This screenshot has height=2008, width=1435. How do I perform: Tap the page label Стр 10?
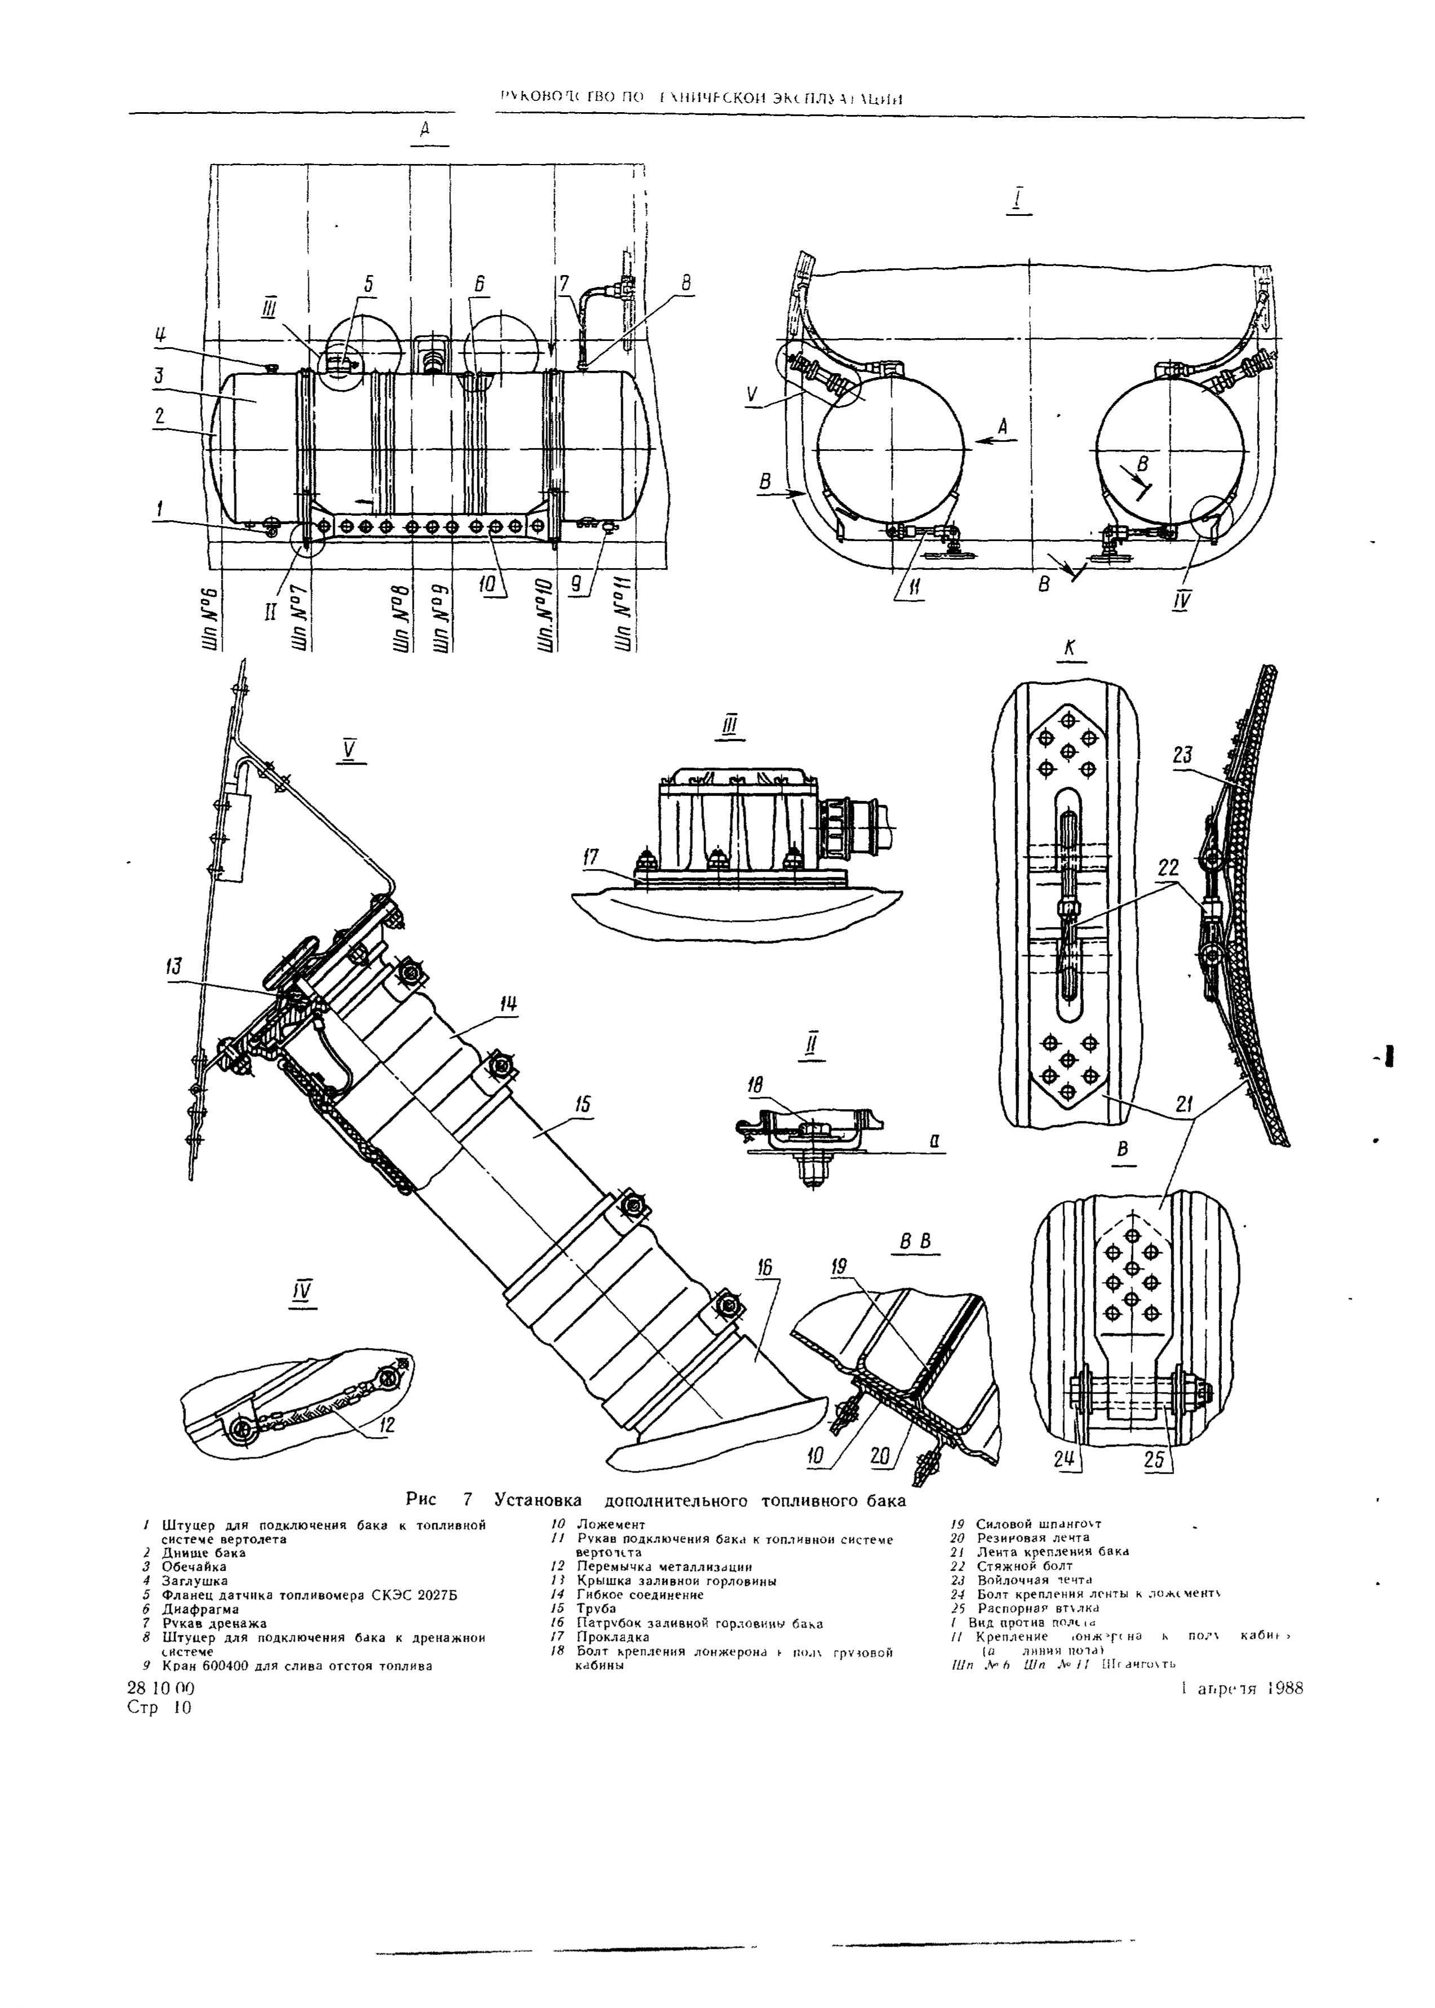[159, 1706]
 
